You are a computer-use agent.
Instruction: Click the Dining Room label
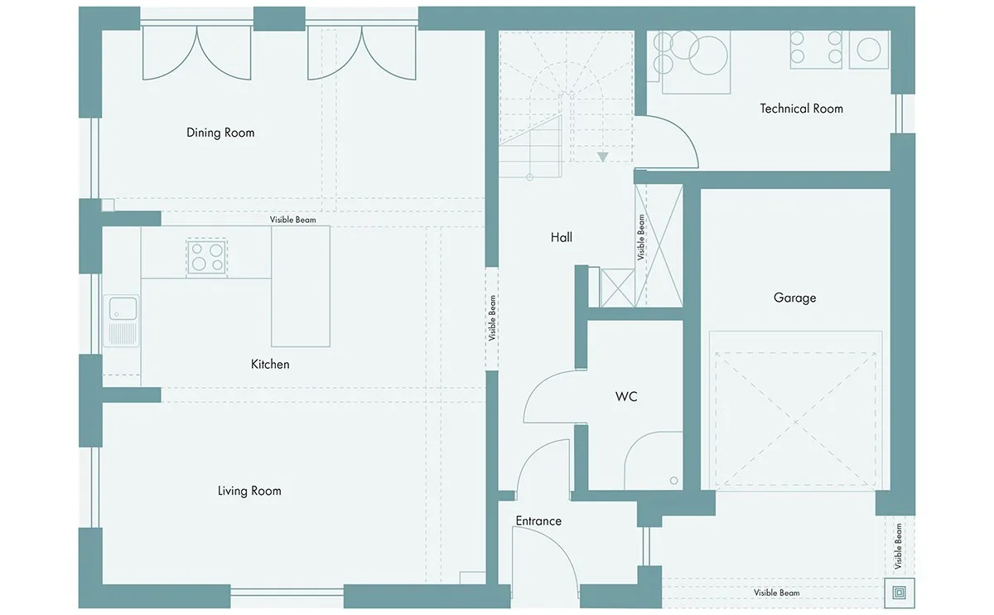point(220,133)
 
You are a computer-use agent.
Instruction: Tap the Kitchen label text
point(270,365)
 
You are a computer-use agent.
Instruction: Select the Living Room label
point(249,491)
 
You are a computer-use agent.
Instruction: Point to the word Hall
point(562,238)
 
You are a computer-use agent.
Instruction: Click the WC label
point(626,396)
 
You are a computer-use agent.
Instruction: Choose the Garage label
point(794,298)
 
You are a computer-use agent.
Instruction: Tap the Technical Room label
point(802,109)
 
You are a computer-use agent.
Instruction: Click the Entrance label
point(538,521)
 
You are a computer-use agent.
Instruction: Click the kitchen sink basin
point(123,308)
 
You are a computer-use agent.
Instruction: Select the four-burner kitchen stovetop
point(207,258)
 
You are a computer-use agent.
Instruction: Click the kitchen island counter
point(301,287)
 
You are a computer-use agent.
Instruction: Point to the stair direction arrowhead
point(603,157)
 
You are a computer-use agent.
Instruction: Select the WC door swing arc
point(539,385)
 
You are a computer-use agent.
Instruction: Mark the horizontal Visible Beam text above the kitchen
point(293,220)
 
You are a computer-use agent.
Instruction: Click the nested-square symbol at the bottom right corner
point(900,593)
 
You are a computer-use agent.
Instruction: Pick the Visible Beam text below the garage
point(777,593)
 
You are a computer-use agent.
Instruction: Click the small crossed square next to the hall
point(617,288)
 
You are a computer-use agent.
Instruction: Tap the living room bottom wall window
point(287,592)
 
